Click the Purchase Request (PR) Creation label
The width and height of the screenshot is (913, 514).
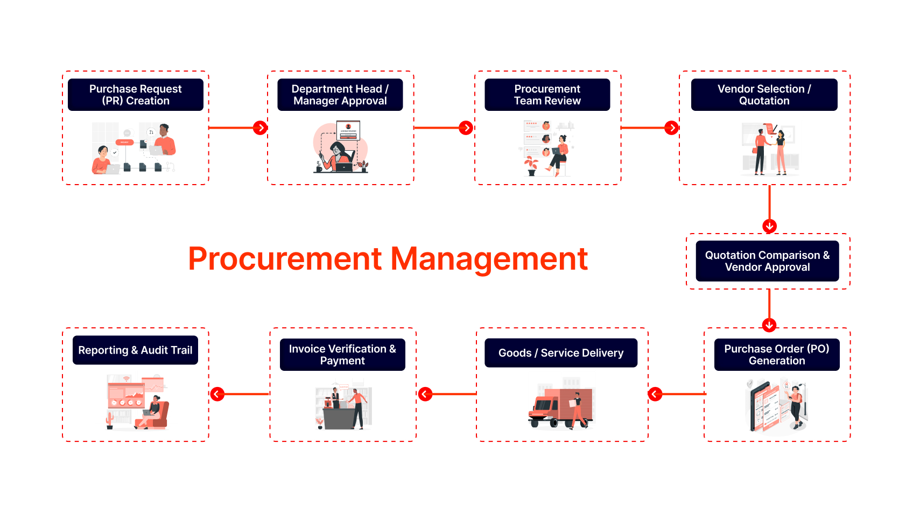[x=136, y=95]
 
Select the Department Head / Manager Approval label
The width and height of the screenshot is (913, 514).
[x=340, y=95]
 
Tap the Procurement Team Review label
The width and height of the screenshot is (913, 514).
[x=547, y=95]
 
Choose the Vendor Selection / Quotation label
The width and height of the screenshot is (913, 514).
[x=764, y=95]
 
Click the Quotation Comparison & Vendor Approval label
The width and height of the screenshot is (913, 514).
[x=767, y=261]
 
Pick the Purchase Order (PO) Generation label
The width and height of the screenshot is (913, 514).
[x=776, y=355]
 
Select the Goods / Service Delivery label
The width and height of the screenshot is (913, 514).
[x=560, y=353]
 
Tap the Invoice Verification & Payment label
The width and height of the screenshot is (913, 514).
[x=342, y=355]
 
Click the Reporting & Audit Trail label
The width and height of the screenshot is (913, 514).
[x=135, y=350]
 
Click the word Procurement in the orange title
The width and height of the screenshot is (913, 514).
[x=285, y=259]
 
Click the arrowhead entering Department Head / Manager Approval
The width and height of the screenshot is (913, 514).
[x=261, y=128]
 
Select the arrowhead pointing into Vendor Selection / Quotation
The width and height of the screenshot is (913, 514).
[x=671, y=128]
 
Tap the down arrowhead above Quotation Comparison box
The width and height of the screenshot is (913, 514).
[x=769, y=226]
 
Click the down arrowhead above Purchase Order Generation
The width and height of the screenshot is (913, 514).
[x=769, y=325]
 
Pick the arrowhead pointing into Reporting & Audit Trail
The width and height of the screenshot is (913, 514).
[x=217, y=394]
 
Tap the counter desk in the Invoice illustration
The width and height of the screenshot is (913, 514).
[x=339, y=418]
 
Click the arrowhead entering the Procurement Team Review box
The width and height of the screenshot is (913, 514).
[x=466, y=128]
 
